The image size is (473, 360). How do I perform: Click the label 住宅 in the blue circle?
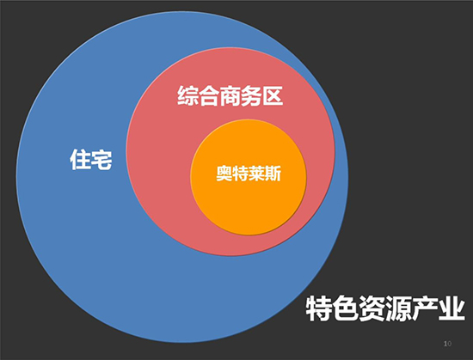91,159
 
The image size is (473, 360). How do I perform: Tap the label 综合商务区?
230,95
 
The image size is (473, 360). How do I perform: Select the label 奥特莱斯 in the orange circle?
249,174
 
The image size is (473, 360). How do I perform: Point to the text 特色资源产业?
385,308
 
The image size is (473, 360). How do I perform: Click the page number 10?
448,344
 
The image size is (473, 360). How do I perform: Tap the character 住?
80,159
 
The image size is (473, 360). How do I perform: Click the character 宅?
102,159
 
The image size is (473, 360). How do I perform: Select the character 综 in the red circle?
187,95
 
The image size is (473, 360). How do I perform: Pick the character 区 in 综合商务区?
273,95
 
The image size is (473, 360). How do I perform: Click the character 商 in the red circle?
230,95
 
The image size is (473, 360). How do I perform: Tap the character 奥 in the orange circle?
224,174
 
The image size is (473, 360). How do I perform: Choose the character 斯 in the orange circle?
273,174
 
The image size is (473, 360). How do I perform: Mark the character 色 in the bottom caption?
346,308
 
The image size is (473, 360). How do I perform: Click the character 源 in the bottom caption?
399,308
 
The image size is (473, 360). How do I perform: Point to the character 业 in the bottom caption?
452,308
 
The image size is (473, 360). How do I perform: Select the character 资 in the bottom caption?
372,308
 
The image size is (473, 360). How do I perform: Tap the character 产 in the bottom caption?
426,308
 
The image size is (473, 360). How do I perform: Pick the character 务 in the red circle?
252,95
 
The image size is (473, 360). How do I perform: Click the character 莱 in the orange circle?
257,174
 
